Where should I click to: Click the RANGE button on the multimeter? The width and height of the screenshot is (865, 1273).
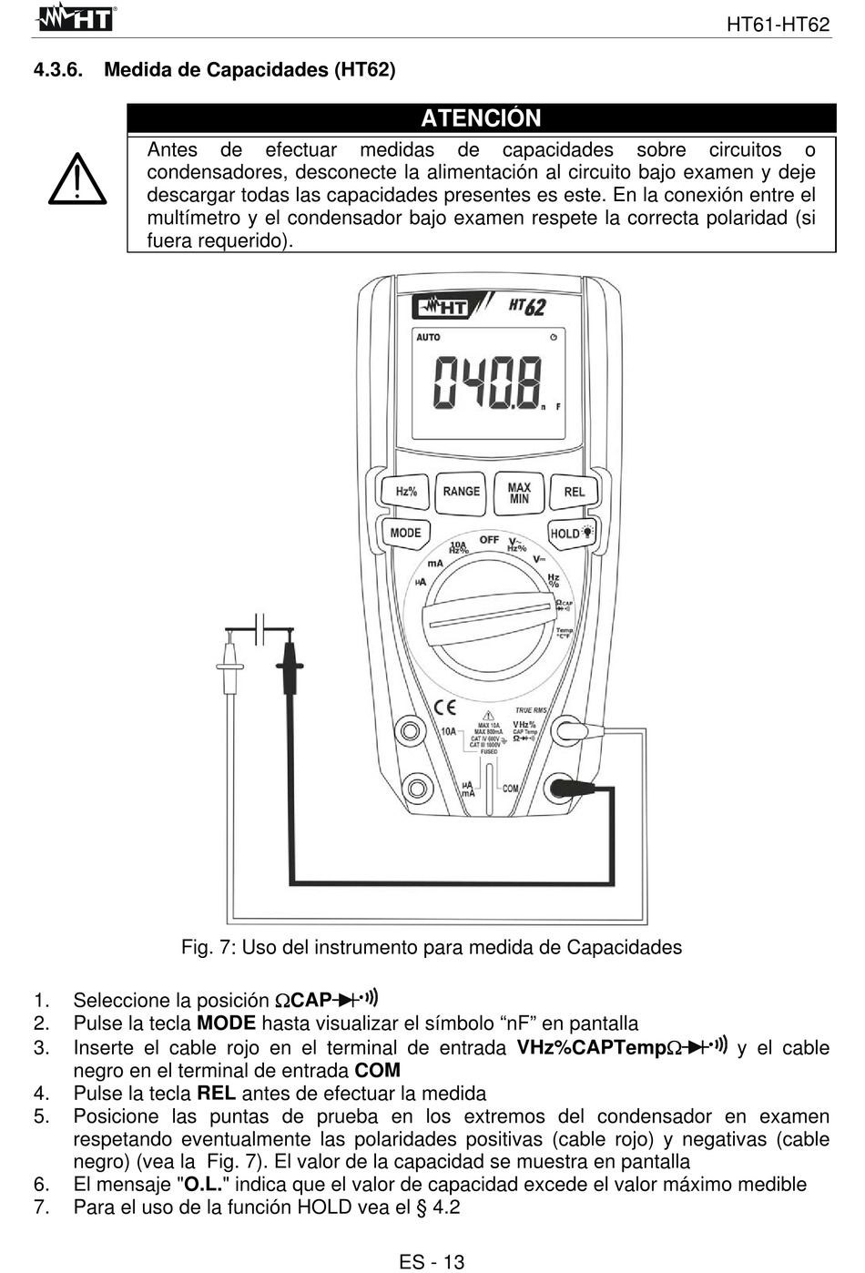click(x=461, y=492)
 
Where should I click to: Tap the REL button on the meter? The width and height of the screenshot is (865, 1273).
click(x=574, y=492)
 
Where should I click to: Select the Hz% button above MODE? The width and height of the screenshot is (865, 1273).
click(x=406, y=492)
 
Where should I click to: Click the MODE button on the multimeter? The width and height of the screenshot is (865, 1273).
click(x=405, y=533)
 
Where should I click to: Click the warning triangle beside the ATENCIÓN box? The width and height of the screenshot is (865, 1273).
click(x=77, y=179)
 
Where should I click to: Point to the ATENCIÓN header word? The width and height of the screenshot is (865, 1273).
click(x=481, y=118)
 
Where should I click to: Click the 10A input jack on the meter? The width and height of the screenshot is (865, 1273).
click(x=411, y=729)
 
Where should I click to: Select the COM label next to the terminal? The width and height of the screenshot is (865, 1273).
click(x=510, y=789)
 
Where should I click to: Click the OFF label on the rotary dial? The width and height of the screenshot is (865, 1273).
click(x=489, y=540)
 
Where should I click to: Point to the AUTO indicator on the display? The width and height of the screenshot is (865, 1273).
click(x=428, y=338)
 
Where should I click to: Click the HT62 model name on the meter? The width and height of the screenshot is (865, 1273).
click(x=527, y=306)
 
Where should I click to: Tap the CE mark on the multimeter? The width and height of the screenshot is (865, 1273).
click(x=444, y=707)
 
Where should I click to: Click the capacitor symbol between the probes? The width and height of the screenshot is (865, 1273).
click(x=259, y=628)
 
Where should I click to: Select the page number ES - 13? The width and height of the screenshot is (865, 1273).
click(x=432, y=1261)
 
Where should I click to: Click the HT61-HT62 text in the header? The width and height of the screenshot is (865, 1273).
click(x=778, y=25)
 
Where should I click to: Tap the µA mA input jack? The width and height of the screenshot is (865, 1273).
click(x=417, y=788)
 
